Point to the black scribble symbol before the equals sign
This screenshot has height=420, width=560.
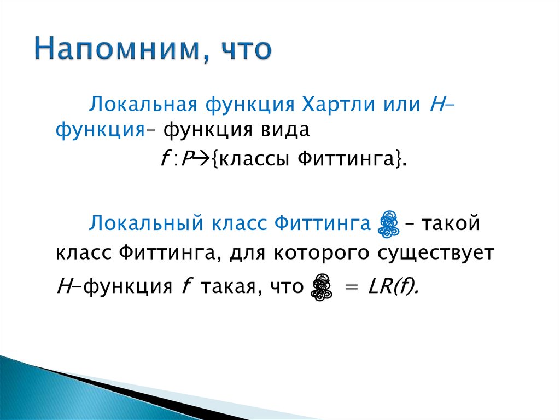click(x=321, y=286)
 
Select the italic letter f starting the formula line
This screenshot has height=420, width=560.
click(x=164, y=159)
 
